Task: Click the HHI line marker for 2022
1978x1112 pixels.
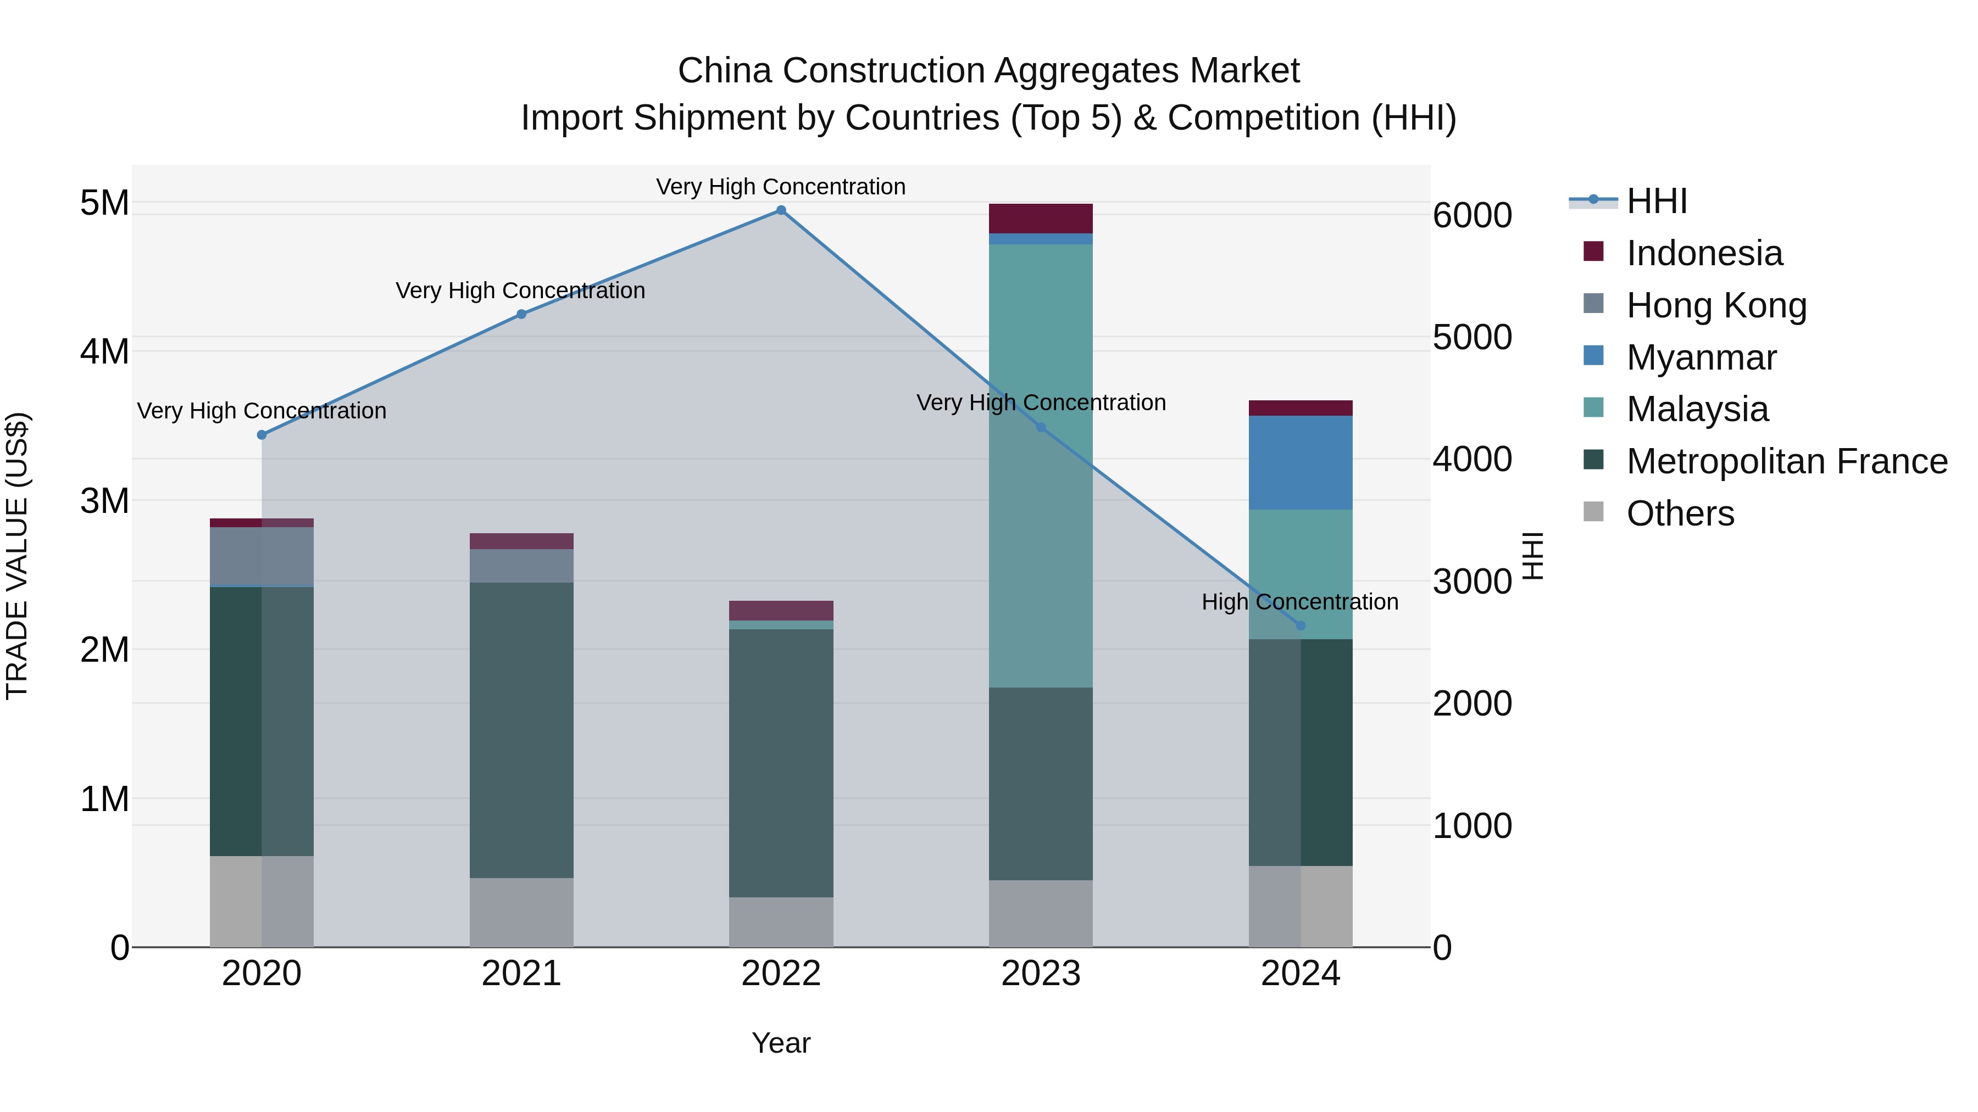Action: coord(781,210)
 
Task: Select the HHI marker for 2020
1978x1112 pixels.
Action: coord(262,435)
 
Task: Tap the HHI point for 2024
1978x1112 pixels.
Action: coord(1300,625)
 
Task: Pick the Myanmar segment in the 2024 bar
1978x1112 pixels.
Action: coord(1300,463)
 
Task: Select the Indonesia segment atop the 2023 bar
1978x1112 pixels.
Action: coord(1041,219)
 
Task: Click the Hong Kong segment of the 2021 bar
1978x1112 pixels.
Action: coord(521,566)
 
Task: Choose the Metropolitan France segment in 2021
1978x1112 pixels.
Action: coord(521,730)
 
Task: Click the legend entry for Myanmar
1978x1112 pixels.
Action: coord(1701,357)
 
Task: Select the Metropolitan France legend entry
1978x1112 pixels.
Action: coord(1786,461)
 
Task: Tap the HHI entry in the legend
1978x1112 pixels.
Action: coord(1656,201)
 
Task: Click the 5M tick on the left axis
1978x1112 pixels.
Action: coord(104,203)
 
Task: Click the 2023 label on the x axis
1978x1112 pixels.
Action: coord(1041,974)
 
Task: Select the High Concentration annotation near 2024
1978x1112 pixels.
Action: coord(1299,602)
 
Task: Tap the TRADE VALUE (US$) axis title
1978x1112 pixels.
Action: coord(18,556)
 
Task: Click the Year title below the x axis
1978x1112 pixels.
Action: coord(781,1043)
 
